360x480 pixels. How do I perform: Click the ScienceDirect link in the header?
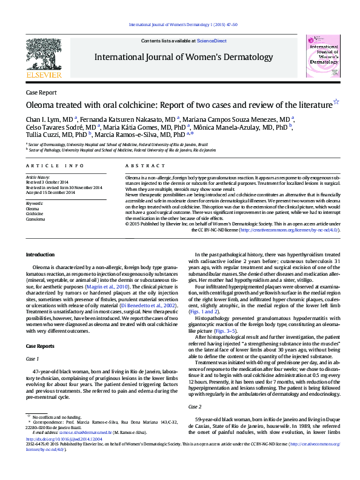pyautogui.click(x=212, y=41)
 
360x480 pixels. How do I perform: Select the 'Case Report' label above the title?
pyautogui.click(x=41, y=93)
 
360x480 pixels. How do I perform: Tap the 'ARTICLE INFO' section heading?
pyautogui.click(x=54, y=165)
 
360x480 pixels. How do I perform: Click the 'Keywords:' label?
pyautogui.click(x=35, y=204)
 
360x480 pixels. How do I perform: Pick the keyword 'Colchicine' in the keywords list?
pyautogui.click(x=35, y=214)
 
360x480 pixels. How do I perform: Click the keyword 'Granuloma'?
pyautogui.click(x=35, y=219)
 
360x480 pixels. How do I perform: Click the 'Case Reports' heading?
pyautogui.click(x=42, y=345)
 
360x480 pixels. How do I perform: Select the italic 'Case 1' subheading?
pyautogui.click(x=32, y=359)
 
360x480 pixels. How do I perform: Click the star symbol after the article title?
pyautogui.click(x=336, y=102)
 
